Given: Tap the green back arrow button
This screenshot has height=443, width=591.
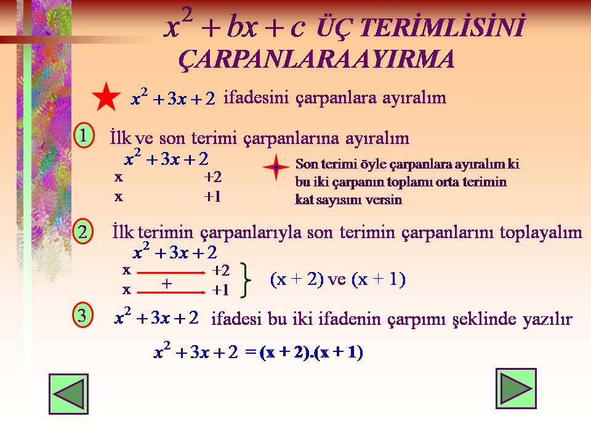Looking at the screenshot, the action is tap(68, 394).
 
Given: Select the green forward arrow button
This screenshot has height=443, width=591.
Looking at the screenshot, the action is tap(516, 388).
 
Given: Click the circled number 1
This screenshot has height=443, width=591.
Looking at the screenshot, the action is tap(83, 135).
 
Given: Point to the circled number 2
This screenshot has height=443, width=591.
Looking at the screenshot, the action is tap(82, 231).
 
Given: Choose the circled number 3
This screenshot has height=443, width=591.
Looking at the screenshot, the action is tap(82, 315).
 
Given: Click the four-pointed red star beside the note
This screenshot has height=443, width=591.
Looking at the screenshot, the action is tap(276, 167).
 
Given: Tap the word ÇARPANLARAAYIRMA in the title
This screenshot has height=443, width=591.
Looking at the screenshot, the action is tap(316, 60).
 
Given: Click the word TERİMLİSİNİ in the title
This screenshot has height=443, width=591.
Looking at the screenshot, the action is tap(442, 26).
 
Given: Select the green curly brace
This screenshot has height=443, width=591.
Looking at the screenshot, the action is tap(246, 280).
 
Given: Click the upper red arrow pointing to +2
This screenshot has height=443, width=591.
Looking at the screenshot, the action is tap(171, 273).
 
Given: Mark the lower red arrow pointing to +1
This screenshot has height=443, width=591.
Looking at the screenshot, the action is tap(171, 292).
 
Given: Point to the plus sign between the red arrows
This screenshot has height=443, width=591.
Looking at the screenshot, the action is tap(167, 283).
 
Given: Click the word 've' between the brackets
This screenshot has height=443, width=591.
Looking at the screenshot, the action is tap(337, 279).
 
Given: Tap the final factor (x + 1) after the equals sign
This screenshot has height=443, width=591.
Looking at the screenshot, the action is tap(339, 352).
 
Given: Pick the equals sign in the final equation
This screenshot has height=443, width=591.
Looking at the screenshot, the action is tap(251, 352).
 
